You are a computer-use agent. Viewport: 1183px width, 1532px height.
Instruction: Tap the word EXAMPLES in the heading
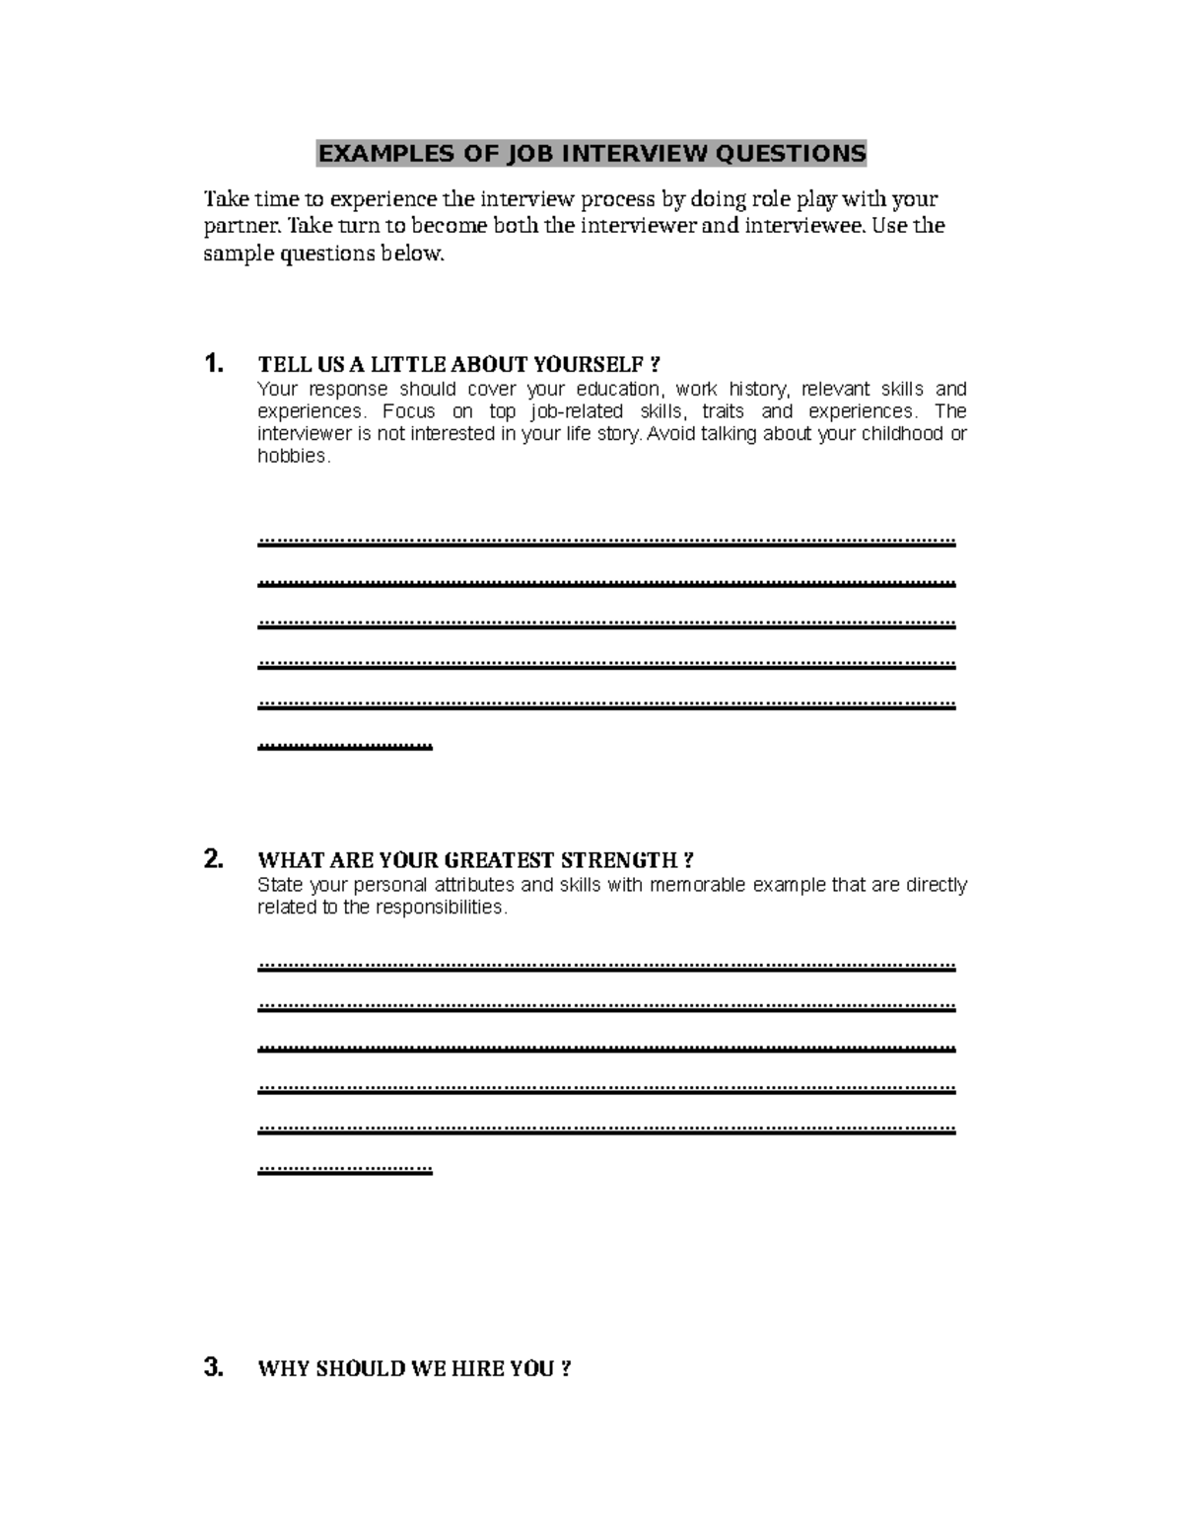[x=380, y=154]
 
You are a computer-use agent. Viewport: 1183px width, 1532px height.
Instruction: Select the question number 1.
[x=213, y=364]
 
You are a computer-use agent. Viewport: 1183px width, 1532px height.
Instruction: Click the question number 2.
[x=213, y=859]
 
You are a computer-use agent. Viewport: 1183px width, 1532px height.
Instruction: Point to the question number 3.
[x=213, y=1367]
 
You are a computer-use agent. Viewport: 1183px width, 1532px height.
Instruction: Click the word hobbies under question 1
[x=291, y=457]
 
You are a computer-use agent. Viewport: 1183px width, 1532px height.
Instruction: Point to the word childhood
[x=894, y=434]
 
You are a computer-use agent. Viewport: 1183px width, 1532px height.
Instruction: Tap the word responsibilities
[x=441, y=908]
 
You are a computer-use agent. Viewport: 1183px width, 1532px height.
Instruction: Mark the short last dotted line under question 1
[x=344, y=746]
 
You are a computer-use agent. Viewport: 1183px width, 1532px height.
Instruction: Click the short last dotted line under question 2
[x=344, y=1170]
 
